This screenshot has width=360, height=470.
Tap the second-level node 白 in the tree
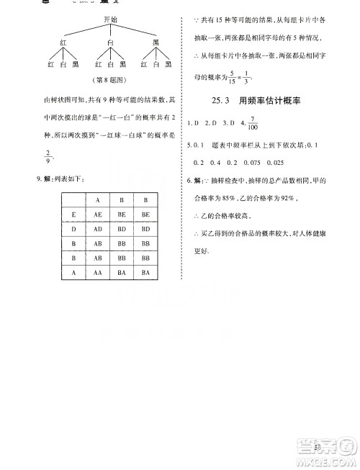[110, 42]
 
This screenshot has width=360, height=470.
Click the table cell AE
[96, 214]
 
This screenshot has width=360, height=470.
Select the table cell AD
[96, 228]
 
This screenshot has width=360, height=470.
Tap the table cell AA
[96, 272]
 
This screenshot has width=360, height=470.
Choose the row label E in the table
[73, 214]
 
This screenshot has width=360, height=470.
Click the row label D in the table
[73, 228]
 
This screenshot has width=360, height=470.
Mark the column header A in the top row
[96, 199]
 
